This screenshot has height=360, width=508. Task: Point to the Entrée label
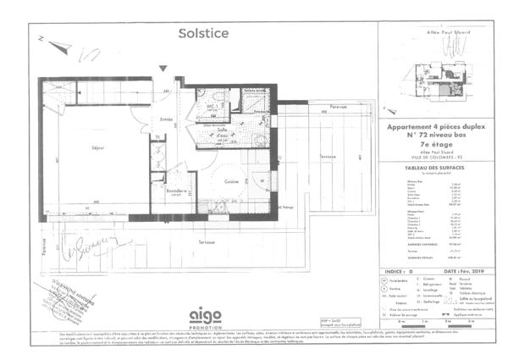168,121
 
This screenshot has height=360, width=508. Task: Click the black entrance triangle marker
163,68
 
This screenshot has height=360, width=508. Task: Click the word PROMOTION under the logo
206,328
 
